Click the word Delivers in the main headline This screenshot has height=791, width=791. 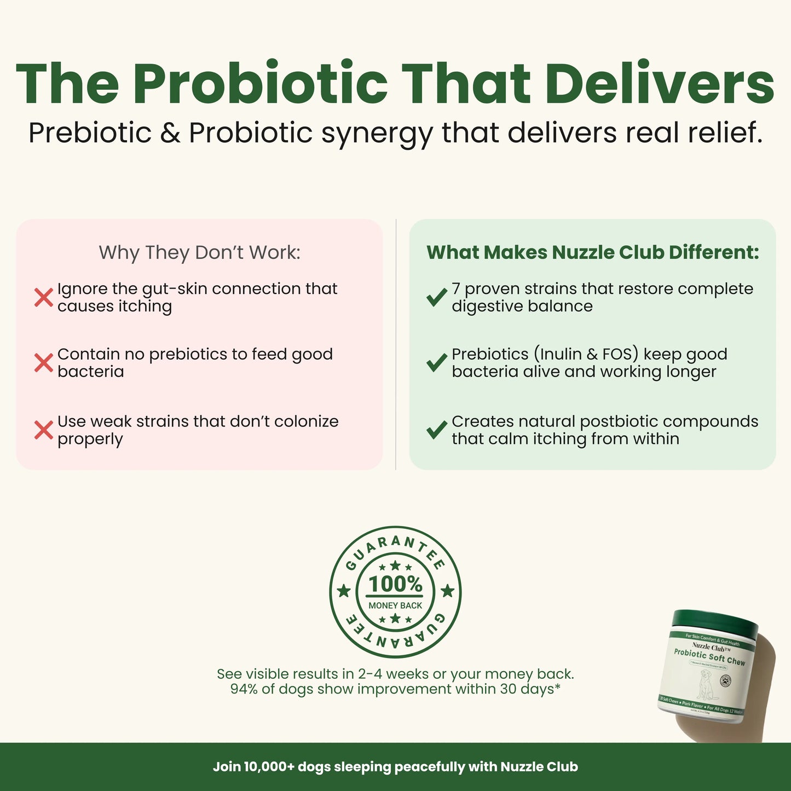(660, 83)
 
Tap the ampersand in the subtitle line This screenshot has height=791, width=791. (171, 133)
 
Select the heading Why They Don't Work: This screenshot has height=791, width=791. (199, 252)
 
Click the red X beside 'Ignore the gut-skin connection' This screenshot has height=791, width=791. (44, 297)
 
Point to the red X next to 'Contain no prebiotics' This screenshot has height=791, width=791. (44, 363)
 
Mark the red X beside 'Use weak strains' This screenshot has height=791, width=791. (44, 430)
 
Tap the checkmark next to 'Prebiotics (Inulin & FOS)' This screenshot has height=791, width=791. (437, 362)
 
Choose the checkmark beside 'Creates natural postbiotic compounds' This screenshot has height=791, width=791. (437, 430)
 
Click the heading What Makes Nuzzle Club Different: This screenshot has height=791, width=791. (593, 252)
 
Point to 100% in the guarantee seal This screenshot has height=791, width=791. (395, 584)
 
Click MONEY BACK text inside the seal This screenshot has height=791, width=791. (395, 605)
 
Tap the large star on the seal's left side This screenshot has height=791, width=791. (344, 591)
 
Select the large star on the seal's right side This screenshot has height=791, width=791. (447, 591)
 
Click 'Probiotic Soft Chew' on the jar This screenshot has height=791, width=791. (709, 657)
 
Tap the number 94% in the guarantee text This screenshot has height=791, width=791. (244, 689)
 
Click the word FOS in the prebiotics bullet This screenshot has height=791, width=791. (620, 354)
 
